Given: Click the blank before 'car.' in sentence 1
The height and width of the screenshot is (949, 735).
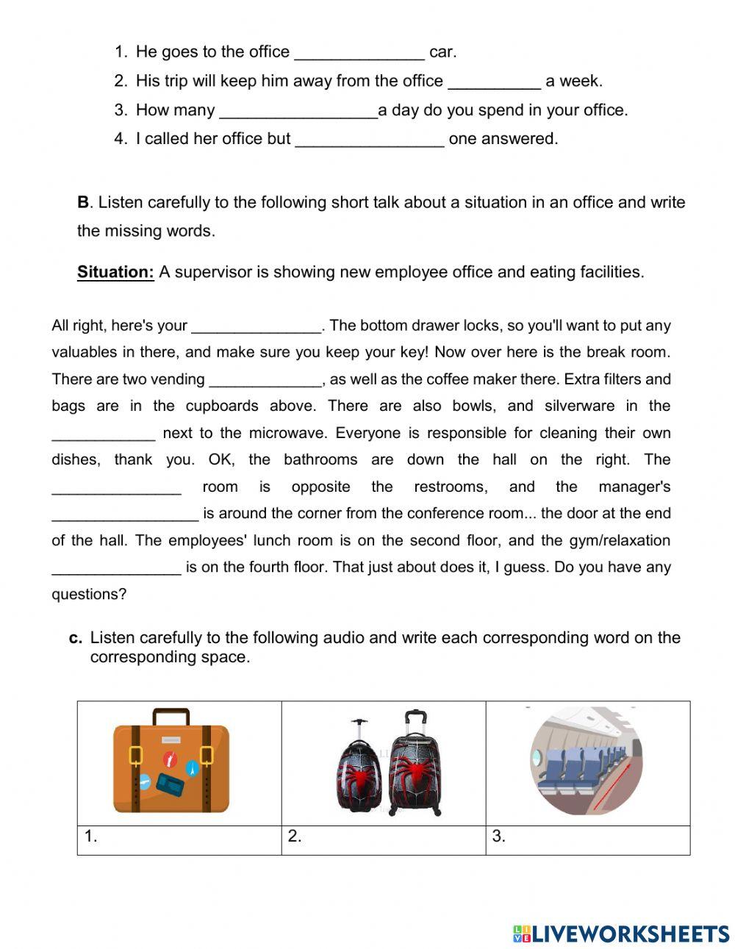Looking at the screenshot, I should pos(359,54).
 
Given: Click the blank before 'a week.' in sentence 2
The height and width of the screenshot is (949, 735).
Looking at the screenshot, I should pos(494,82).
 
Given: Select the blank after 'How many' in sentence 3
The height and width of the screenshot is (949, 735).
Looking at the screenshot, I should pos(298,112).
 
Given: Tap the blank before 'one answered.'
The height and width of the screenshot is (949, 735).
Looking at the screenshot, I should pos(370,140).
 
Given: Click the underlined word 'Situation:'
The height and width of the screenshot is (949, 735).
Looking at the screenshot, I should pos(115,272).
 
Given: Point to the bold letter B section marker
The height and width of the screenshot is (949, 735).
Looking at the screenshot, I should pos(83,202).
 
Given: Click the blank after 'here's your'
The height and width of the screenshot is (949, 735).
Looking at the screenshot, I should pos(256,326).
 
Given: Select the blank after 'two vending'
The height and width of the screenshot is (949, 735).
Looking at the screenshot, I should pos(265,380).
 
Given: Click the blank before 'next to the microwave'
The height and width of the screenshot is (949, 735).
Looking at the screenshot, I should pos(103,434).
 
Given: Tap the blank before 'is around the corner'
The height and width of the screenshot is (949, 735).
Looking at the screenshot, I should pos(125,514).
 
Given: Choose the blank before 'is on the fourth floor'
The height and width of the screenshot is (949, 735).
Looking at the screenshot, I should pos(116,567).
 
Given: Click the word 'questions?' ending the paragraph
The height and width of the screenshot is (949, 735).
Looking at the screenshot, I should pos(89,594).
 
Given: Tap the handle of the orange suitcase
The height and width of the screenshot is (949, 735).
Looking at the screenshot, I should pos(171,715).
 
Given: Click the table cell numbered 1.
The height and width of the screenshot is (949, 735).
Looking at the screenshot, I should pos(179,839).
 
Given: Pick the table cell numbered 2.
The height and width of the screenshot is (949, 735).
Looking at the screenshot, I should pos(383,839).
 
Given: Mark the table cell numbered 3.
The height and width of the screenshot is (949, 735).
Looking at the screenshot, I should pos(587,839).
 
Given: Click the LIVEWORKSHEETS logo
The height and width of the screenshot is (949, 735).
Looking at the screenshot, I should pos(621,934).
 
